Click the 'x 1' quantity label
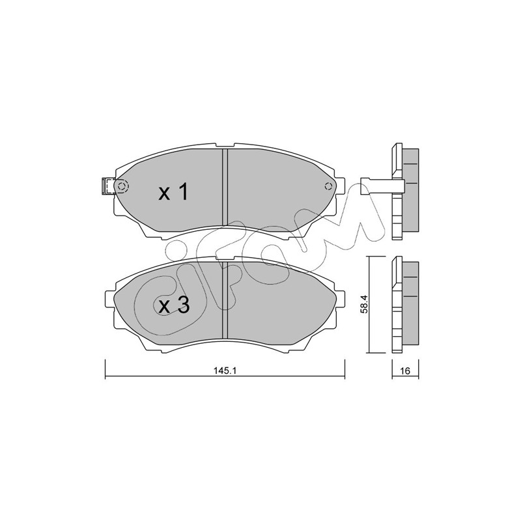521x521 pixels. pos(173,193)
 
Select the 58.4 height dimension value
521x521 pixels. pos(364,305)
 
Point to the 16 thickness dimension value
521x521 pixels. pos(405,371)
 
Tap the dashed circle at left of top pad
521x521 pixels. pos(122,187)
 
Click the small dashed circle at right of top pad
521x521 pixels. pos(329,186)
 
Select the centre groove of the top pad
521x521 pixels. pos(225,187)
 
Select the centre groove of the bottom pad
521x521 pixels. pos(225,300)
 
